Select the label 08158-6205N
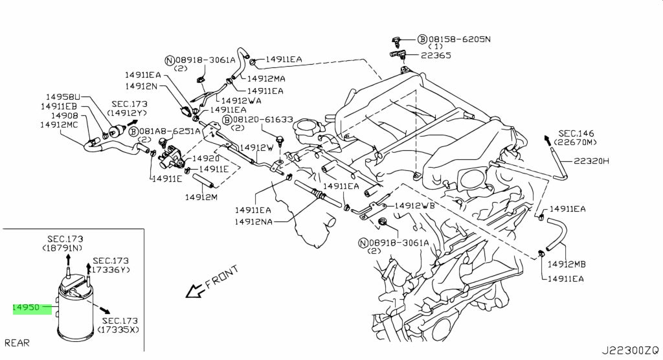[460, 39]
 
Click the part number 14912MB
[567, 264]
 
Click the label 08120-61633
[263, 120]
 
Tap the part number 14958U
[63, 97]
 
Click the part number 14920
[207, 158]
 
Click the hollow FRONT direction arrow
[193, 293]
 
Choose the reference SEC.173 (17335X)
[120, 326]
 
